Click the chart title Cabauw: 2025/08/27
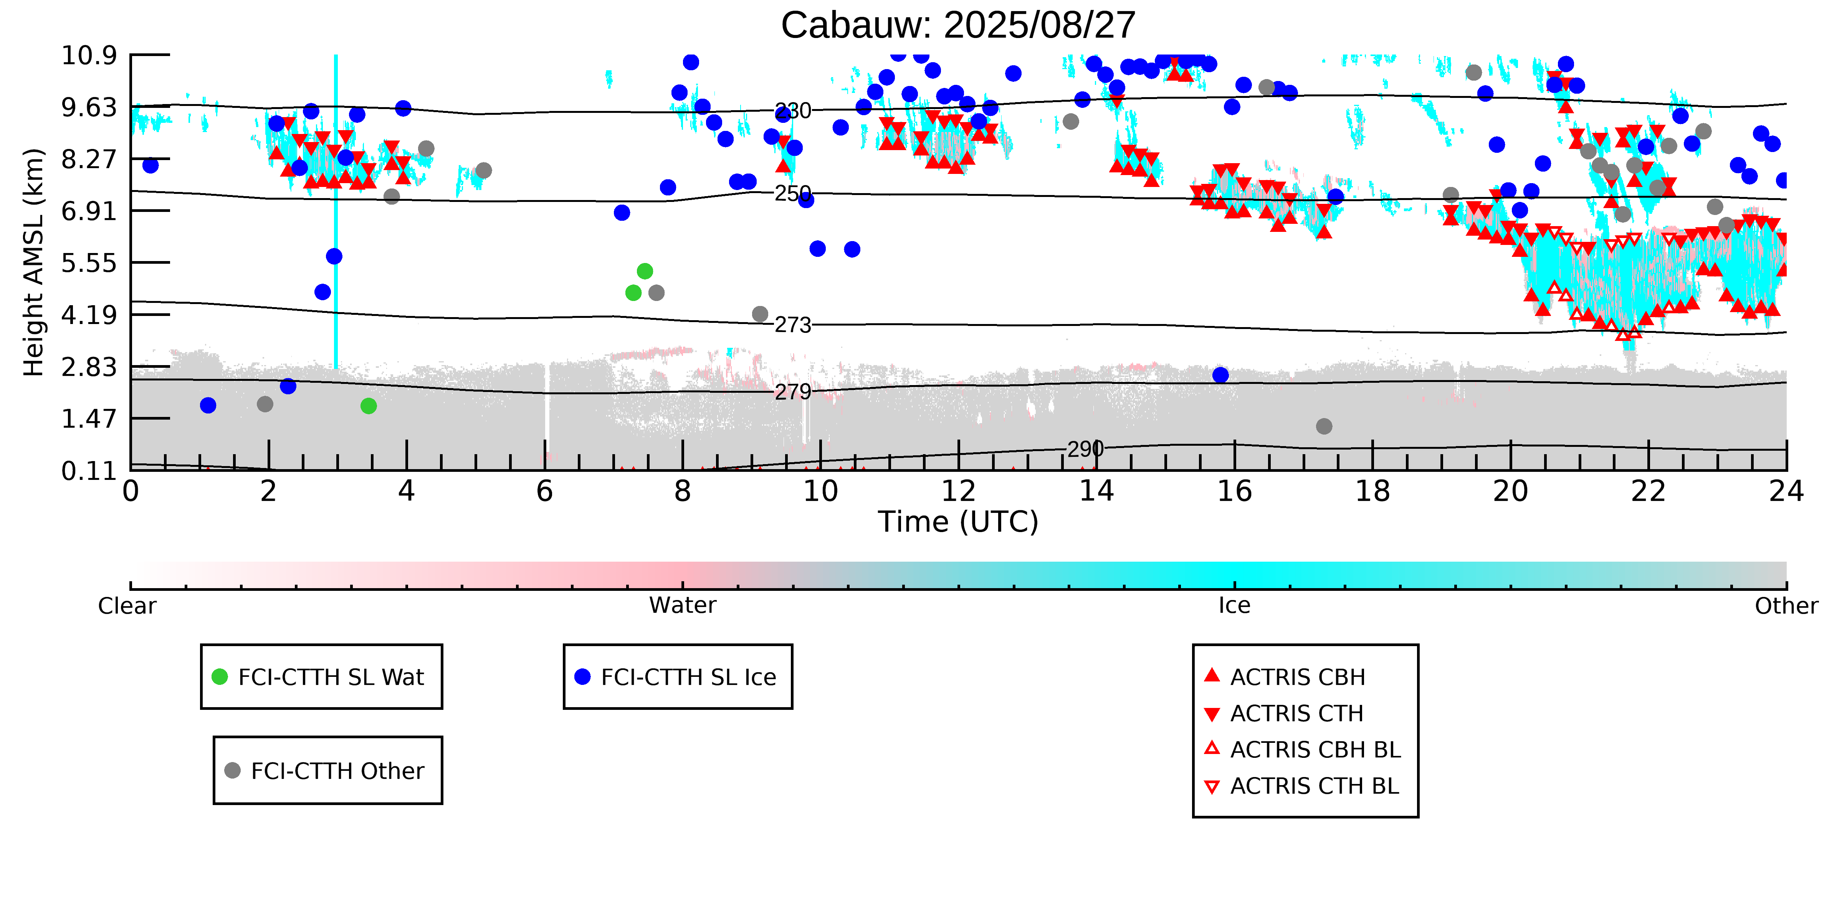(957, 26)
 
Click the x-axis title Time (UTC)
(957, 522)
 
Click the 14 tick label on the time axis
(1096, 492)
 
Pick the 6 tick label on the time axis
(544, 492)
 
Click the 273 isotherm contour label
(793, 325)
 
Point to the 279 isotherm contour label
(793, 392)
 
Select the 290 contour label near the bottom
(1085, 449)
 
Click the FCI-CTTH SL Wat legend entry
(331, 677)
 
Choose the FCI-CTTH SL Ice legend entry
(688, 677)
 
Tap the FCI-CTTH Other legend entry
(337, 771)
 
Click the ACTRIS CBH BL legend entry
(1314, 749)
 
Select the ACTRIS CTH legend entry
(1296, 714)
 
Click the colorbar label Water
(682, 606)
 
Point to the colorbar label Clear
(127, 606)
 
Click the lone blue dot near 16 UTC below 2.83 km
(1220, 375)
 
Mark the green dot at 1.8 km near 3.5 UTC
(368, 406)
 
